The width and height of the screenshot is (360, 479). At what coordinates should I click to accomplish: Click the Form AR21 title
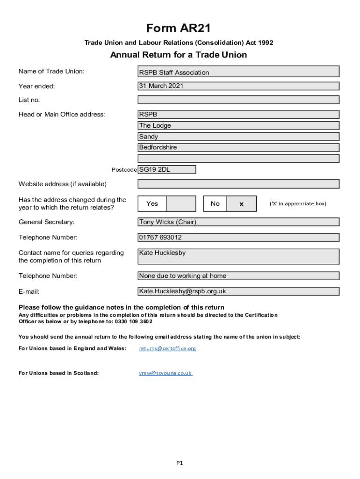click(x=178, y=29)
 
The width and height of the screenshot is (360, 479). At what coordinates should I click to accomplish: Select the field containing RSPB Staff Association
click(x=238, y=72)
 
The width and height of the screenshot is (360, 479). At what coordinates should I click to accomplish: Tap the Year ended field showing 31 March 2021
click(x=238, y=86)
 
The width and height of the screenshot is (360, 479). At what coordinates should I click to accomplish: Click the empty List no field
click(x=238, y=100)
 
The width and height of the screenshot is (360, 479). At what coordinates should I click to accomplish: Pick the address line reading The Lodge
click(x=238, y=125)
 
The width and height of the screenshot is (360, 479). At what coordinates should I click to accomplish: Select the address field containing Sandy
click(x=238, y=137)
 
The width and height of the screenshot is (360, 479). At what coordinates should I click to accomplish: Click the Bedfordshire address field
click(x=238, y=148)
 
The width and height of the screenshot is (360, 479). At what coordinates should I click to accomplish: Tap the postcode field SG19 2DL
click(x=166, y=169)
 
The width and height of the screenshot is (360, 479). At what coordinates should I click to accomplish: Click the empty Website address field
click(x=238, y=184)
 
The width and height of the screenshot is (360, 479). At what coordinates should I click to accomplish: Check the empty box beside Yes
click(x=181, y=203)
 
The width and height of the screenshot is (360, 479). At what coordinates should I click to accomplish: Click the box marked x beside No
click(x=241, y=204)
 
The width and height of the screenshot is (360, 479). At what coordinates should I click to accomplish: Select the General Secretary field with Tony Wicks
click(x=238, y=222)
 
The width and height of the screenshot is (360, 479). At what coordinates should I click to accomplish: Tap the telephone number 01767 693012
click(x=238, y=237)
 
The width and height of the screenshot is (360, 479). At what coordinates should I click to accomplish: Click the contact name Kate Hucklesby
click(x=238, y=256)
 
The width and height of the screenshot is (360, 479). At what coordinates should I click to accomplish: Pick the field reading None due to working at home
click(x=238, y=276)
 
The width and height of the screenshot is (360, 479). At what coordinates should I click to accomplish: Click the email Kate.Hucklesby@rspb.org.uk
click(x=238, y=291)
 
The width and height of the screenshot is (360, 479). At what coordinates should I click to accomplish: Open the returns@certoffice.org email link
click(x=167, y=348)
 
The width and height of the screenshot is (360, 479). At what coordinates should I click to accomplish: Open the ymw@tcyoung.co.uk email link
click(x=166, y=373)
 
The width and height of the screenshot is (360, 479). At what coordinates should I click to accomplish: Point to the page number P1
click(x=180, y=463)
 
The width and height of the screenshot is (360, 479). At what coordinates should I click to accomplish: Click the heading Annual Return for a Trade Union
click(x=178, y=55)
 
